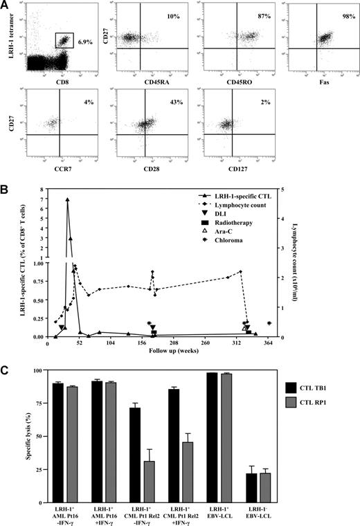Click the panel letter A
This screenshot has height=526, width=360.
point(6,6)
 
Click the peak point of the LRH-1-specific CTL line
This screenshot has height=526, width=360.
point(67,199)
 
